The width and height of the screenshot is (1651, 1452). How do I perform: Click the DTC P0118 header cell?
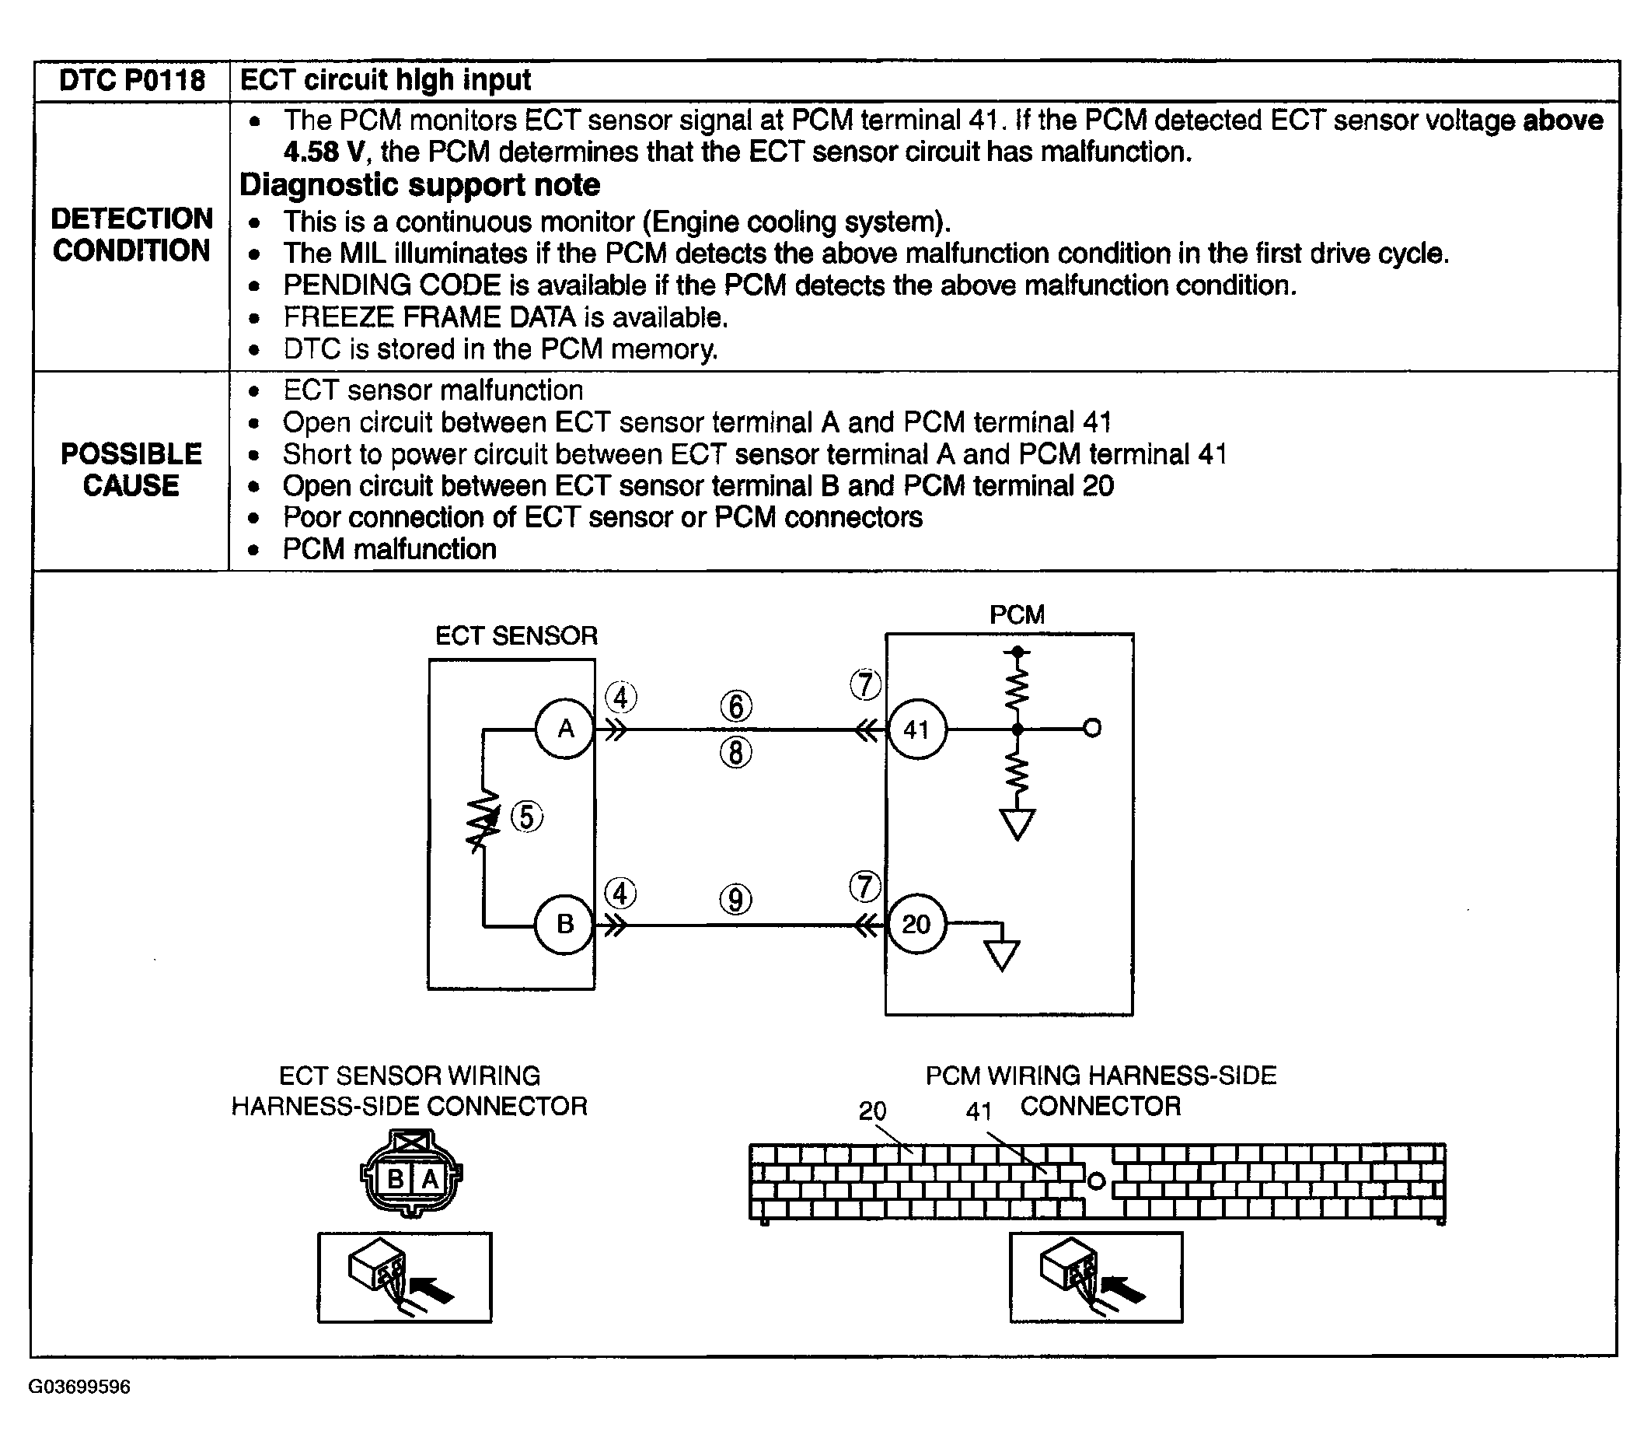tap(131, 81)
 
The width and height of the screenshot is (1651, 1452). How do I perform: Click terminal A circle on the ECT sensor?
tap(565, 729)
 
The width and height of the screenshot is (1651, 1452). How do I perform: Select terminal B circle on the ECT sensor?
tap(564, 924)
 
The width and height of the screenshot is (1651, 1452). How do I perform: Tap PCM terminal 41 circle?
tap(916, 729)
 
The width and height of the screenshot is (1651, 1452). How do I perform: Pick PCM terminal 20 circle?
tap(916, 924)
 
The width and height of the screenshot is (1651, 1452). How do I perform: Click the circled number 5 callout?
tap(527, 817)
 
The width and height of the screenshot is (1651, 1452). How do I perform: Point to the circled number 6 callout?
tap(736, 706)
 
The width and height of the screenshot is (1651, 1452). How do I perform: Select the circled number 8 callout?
tap(736, 753)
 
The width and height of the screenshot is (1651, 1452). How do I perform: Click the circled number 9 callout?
tap(736, 899)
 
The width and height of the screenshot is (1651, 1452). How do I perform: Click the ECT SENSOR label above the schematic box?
tap(516, 636)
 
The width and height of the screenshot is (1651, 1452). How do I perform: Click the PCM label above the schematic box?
tap(1017, 615)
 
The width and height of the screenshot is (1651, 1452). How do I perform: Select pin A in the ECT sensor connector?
tap(430, 1179)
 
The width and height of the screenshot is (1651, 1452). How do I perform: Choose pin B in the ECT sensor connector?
tap(395, 1179)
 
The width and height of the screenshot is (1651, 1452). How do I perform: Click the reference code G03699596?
tap(79, 1387)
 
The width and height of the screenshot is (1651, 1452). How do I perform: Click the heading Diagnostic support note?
tap(420, 185)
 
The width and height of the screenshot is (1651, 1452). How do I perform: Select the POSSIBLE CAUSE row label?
tap(131, 470)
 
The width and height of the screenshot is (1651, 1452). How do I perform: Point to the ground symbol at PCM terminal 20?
tap(1002, 955)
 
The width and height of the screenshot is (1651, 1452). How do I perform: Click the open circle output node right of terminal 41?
tap(1092, 729)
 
